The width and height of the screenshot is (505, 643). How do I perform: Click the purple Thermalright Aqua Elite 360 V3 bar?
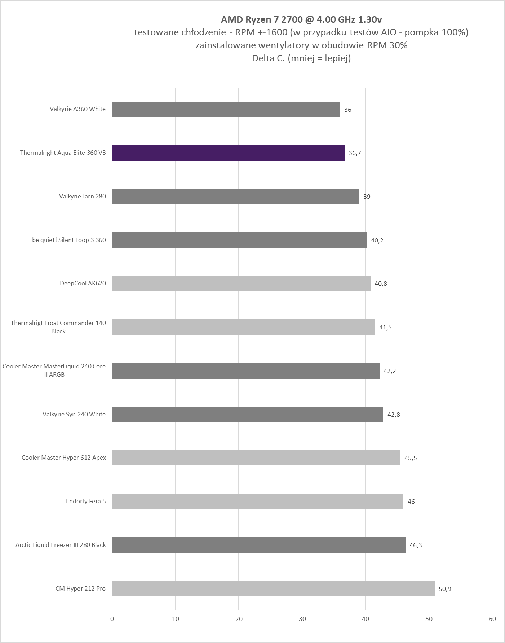(x=228, y=153)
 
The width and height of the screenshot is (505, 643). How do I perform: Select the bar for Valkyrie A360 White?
(x=226, y=109)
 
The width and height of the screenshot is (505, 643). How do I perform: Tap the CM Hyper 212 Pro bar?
(x=273, y=589)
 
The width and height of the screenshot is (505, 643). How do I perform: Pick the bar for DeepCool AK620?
(x=241, y=283)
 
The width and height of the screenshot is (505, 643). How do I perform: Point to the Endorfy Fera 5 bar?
(x=258, y=501)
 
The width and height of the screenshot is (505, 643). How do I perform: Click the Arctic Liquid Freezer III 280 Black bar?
(x=258, y=545)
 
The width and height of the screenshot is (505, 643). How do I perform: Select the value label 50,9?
(x=445, y=589)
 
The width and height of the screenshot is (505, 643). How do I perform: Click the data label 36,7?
(x=355, y=153)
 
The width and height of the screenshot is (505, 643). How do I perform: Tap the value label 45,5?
(x=411, y=458)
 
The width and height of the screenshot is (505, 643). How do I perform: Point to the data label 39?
(x=367, y=197)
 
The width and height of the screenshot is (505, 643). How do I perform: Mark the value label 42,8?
(x=394, y=414)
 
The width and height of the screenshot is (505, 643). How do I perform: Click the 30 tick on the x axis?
(x=302, y=619)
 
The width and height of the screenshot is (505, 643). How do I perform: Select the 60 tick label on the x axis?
(x=492, y=619)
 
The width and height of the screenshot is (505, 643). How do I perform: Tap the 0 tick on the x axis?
(x=112, y=619)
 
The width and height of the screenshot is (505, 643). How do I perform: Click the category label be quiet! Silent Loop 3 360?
(x=69, y=240)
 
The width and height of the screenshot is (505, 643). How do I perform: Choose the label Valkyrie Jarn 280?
(x=82, y=196)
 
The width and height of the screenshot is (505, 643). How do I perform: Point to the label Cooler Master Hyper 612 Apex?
(x=64, y=458)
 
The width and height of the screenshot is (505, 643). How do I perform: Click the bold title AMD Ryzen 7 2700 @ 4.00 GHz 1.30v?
(x=301, y=19)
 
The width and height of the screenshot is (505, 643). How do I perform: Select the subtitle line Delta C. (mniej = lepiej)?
(x=301, y=58)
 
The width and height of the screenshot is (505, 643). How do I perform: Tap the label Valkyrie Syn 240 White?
(x=74, y=414)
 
